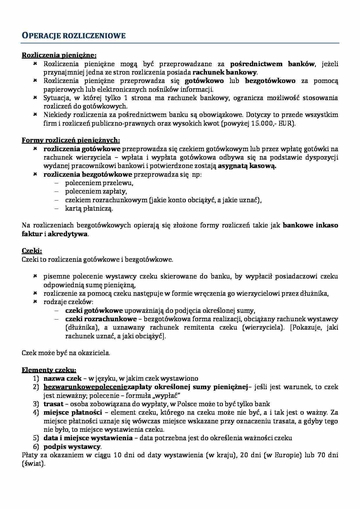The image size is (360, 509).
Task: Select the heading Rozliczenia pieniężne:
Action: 59,55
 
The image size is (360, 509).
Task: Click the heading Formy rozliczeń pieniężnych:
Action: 71,140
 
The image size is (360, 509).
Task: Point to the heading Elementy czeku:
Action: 49,370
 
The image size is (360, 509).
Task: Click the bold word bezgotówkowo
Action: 270,81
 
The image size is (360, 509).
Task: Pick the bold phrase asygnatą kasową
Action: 247,166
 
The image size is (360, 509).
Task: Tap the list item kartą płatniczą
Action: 89,208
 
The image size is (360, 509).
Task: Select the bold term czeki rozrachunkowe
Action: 101,319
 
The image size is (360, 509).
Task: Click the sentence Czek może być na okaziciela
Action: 66,353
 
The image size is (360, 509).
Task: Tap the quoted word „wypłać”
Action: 169,395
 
